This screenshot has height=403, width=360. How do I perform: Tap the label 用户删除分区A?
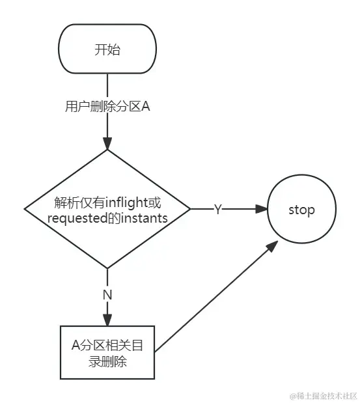tap(108, 107)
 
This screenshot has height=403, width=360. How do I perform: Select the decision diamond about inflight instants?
tap(107, 209)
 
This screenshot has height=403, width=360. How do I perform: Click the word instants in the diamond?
tap(144, 218)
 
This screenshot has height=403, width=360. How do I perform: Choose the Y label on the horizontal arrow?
tap(217, 209)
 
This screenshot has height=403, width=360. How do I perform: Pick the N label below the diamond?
tap(107, 294)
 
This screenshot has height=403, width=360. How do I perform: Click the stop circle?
tap(301, 210)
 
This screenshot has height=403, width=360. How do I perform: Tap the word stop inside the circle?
tap(301, 210)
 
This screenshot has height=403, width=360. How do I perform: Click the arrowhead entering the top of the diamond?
tap(107, 144)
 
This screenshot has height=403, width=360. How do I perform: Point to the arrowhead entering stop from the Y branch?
tap(262, 209)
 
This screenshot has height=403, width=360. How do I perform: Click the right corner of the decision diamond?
tap(190, 209)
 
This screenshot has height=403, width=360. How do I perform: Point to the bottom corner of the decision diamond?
tap(107, 268)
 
